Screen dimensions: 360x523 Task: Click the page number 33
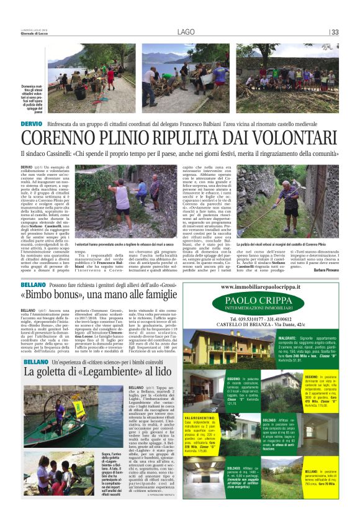(335, 33)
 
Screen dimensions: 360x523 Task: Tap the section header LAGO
(185, 32)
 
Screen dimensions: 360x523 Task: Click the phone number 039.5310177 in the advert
(237, 322)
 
